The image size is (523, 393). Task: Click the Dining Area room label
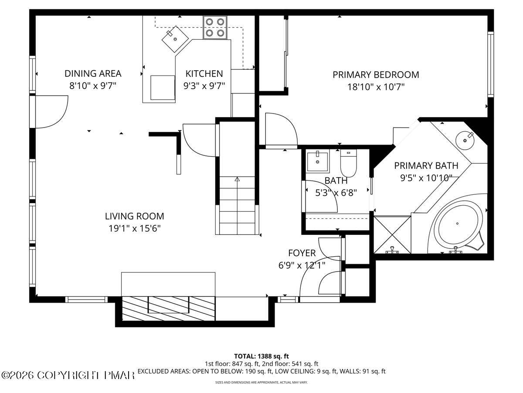(x=93, y=73)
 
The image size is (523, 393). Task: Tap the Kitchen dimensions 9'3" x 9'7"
(x=204, y=86)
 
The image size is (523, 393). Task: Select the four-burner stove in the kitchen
(x=215, y=28)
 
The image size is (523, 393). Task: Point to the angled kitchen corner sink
(x=175, y=39)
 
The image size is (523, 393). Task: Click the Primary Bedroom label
(x=376, y=75)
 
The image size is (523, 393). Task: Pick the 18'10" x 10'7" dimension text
(x=376, y=87)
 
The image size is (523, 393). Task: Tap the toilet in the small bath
(x=348, y=163)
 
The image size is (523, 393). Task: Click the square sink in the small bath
(x=318, y=161)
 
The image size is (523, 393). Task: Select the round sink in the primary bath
(x=465, y=140)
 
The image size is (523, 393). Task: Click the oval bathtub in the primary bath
(x=457, y=224)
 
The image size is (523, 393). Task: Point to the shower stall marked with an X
(x=392, y=234)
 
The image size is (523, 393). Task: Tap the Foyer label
(x=302, y=253)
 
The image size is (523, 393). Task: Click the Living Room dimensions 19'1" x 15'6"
(x=135, y=228)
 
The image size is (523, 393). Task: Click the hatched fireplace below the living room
(x=169, y=309)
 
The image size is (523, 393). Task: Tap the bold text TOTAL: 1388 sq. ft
(x=261, y=356)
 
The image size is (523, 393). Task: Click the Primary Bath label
(x=426, y=165)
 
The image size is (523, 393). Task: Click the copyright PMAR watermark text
(x=68, y=376)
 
